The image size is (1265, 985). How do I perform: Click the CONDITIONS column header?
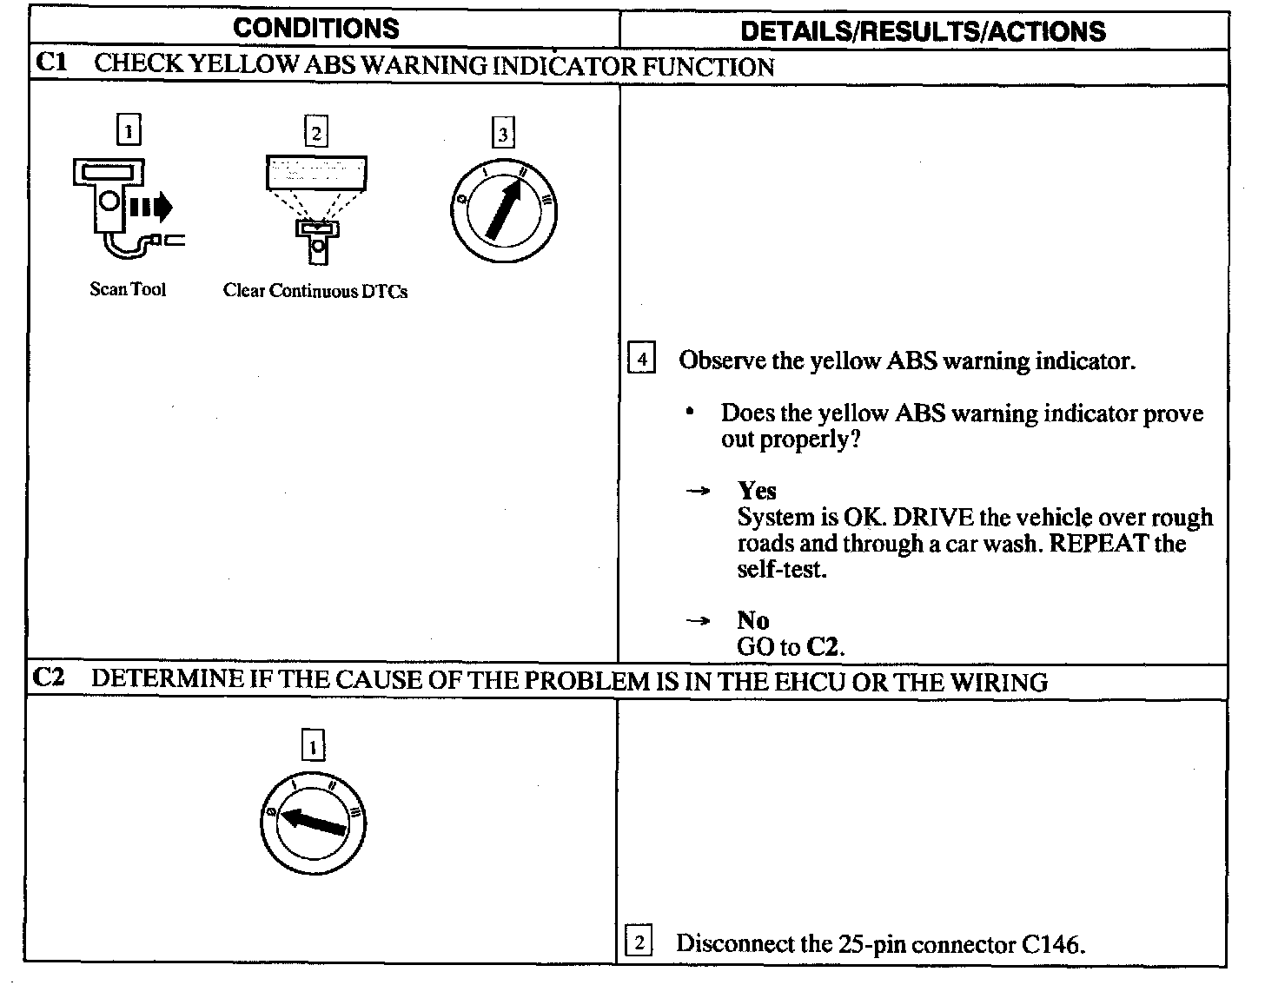pyautogui.click(x=316, y=28)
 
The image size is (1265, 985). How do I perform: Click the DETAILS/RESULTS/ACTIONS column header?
pyautogui.click(x=923, y=31)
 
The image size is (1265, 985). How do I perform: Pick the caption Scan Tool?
pyautogui.click(x=128, y=289)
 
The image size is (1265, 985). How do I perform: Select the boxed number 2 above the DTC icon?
pyautogui.click(x=315, y=132)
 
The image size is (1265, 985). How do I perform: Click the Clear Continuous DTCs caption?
pyautogui.click(x=315, y=291)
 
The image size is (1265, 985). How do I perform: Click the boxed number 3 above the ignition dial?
pyautogui.click(x=503, y=134)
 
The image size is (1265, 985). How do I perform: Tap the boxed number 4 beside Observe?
pyautogui.click(x=640, y=359)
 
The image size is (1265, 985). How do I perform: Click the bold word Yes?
pyautogui.click(x=757, y=491)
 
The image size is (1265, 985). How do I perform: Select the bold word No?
pyautogui.click(x=753, y=620)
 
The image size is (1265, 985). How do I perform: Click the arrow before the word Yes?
pyautogui.click(x=699, y=492)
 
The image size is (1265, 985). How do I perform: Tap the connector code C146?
pyautogui.click(x=1050, y=943)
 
